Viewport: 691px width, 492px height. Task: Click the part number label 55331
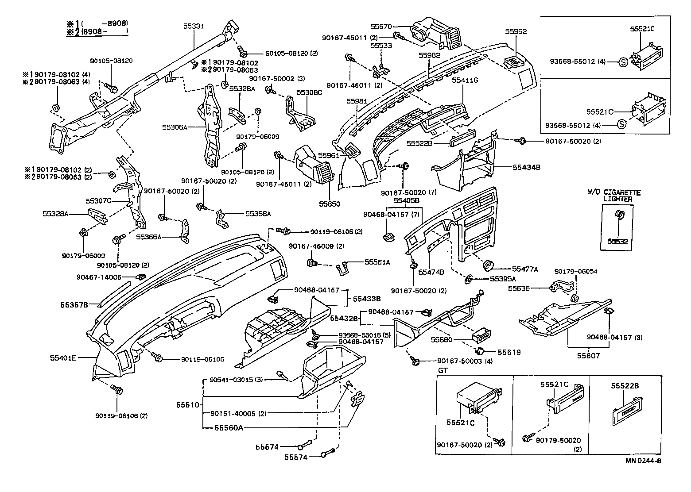(194, 27)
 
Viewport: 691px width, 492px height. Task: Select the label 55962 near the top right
(516, 31)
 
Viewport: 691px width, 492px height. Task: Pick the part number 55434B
(527, 167)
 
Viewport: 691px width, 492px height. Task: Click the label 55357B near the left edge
(74, 305)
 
